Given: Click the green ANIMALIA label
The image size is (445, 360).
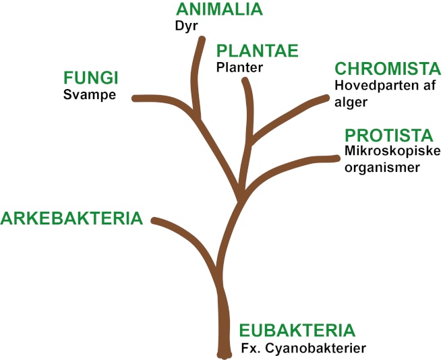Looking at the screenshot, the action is (219, 9).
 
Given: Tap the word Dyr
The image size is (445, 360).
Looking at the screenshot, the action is (186, 26).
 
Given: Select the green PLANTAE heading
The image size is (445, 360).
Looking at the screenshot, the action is (258, 51).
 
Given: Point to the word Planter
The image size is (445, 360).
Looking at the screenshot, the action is (239, 67).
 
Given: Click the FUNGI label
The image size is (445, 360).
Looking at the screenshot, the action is (91, 78).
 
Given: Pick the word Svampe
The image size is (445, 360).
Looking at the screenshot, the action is (90, 95).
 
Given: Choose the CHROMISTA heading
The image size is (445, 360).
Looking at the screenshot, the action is (388, 69).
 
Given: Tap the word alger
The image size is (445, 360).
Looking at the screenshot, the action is (351, 102).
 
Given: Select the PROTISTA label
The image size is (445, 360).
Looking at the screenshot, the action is (389, 136).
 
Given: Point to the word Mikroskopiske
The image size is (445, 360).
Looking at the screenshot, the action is (392, 151).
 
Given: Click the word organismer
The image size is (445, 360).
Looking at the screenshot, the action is (382, 167).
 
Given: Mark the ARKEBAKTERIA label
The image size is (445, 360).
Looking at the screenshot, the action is (71, 218).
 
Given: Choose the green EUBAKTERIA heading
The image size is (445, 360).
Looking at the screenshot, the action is (297, 330).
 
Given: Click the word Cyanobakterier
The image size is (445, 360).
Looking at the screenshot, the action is (316, 349).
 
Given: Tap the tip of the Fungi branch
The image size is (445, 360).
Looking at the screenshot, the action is (134, 98).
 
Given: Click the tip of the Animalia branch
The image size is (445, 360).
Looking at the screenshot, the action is (202, 39).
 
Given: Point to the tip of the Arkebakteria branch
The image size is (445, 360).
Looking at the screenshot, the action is (154, 220).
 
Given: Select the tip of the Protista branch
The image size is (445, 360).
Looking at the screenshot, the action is (337, 158).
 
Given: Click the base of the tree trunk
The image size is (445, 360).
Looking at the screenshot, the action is (225, 356).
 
